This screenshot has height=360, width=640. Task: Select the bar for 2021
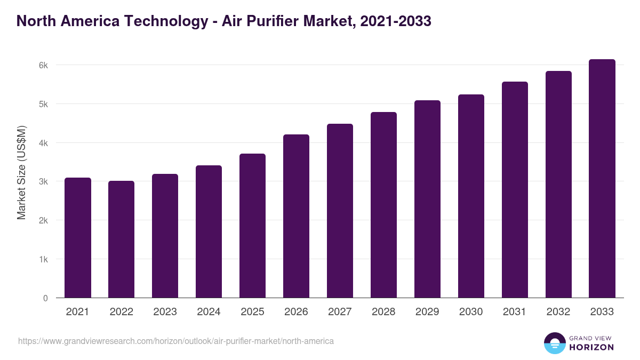[78, 238]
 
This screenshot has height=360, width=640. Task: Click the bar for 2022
[122, 239]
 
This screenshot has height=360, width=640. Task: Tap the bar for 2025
[253, 226]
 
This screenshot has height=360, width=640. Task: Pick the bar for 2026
[297, 216]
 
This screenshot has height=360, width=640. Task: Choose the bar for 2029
[428, 199]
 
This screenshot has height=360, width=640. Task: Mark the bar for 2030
[471, 196]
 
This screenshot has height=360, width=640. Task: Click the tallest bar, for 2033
[603, 179]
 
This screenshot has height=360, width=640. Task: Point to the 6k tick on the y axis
[43, 65]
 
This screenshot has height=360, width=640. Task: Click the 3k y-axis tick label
[43, 182]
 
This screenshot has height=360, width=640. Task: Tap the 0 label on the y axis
[45, 298]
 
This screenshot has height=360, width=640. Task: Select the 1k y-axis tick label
[43, 259]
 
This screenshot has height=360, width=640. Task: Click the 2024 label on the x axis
[209, 312]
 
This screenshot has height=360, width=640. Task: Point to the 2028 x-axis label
[384, 312]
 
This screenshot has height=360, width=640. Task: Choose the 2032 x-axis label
[559, 312]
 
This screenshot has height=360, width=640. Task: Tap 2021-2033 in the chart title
[396, 21]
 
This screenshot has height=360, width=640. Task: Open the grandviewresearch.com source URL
[176, 341]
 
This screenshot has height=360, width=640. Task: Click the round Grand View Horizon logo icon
[554, 343]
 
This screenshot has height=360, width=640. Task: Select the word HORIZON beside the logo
[591, 347]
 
